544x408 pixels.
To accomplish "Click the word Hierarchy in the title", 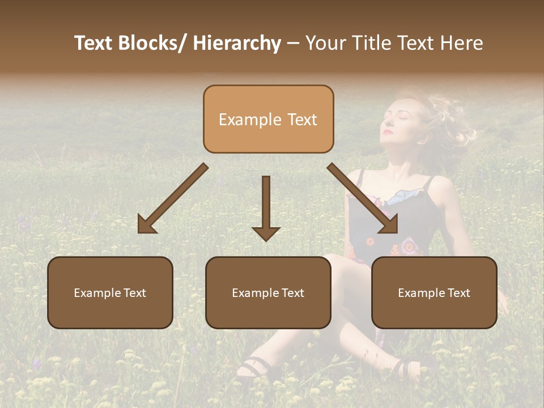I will click(x=237, y=44).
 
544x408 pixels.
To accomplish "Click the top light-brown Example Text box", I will click(x=268, y=119).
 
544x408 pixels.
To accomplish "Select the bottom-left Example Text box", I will click(x=110, y=292).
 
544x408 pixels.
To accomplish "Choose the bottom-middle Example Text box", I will click(x=268, y=292).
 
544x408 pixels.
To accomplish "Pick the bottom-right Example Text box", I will click(x=434, y=292).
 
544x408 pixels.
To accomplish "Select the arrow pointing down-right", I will click(x=363, y=199).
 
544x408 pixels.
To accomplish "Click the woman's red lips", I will click(x=388, y=131).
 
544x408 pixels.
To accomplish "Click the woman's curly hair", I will click(x=453, y=122).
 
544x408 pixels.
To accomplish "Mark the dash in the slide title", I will click(x=293, y=44).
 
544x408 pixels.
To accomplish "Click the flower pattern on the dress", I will click(x=408, y=246).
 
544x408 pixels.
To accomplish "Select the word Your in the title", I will click(x=325, y=44).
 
